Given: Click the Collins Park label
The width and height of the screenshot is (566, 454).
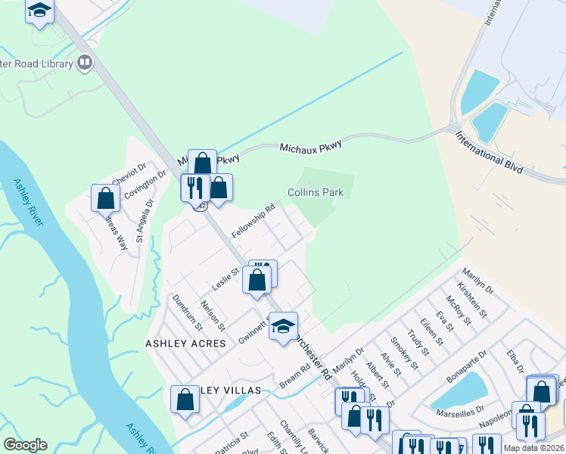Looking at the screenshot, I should (316, 192).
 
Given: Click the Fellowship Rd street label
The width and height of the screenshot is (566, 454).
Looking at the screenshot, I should (253, 219).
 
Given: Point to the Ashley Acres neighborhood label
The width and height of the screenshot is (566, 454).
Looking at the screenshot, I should (185, 343).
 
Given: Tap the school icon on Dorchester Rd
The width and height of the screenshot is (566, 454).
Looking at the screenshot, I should (283, 327).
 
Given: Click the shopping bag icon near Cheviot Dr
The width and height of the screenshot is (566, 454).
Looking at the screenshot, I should (106, 198).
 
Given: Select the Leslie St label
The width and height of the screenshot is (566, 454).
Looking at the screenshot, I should (225, 278).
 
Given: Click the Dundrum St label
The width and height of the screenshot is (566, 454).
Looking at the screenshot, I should (188, 312).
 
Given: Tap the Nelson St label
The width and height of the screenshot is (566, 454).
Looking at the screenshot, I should (213, 315).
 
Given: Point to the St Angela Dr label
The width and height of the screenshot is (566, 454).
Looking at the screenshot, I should (144, 220).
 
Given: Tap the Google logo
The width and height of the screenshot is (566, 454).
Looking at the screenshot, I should (25, 445).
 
